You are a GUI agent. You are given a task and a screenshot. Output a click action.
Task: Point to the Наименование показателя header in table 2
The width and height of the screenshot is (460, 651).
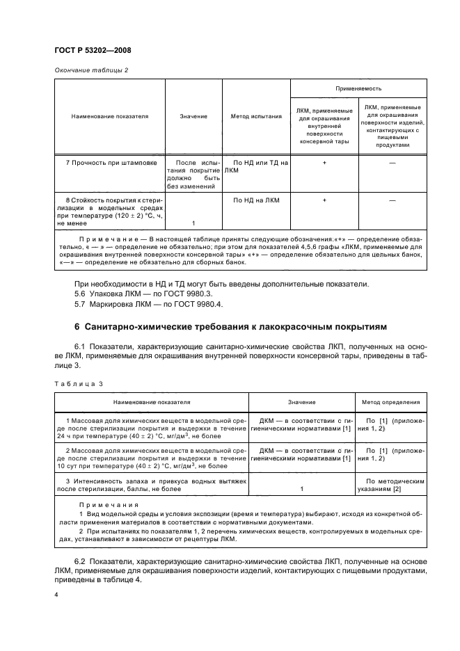[x=110, y=116]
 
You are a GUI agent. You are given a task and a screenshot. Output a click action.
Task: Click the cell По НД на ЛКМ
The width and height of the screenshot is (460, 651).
[x=255, y=200]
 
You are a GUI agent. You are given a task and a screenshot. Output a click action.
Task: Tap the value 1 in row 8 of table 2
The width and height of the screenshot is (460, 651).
[x=193, y=223]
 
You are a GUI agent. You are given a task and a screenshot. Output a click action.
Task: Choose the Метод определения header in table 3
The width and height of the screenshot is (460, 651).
[x=391, y=402]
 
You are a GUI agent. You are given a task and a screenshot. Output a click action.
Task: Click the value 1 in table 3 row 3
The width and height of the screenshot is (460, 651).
[x=301, y=489]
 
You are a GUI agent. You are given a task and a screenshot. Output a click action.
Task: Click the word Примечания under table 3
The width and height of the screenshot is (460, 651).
[x=100, y=505]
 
